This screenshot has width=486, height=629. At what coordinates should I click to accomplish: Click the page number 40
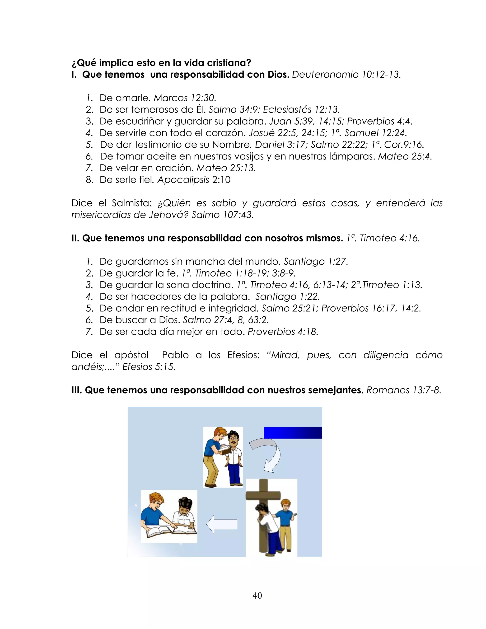[x=257, y=595]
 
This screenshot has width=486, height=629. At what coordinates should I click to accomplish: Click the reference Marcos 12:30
[x=185, y=98]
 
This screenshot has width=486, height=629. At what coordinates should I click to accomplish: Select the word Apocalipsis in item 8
[x=183, y=180]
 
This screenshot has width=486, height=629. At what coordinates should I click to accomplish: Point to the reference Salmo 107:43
[x=222, y=215]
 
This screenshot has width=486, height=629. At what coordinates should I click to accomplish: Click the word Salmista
[x=131, y=203]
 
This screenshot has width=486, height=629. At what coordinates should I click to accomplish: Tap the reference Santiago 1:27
[x=316, y=262]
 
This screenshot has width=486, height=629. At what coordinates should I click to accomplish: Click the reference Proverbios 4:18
[x=283, y=332]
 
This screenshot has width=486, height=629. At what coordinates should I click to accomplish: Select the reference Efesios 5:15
[x=149, y=367]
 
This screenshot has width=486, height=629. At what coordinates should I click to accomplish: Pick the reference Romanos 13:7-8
[x=404, y=390]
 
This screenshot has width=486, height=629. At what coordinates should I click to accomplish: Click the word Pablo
[x=175, y=355]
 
